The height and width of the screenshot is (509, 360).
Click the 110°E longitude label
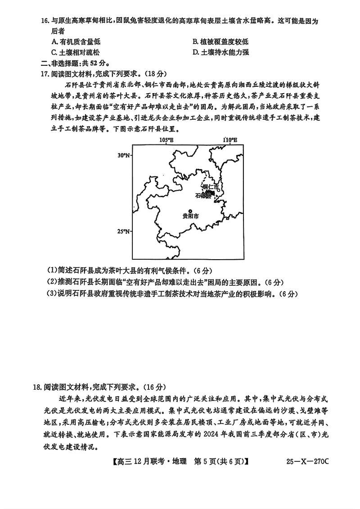pos(230,140)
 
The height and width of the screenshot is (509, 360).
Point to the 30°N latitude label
pos(123,155)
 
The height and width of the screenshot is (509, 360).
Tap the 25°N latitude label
pos(123,231)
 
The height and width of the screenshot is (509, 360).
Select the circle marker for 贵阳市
pos(190,211)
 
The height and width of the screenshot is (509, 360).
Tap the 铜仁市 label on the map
pos(210,187)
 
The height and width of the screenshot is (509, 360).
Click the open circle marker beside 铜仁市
pos(219,190)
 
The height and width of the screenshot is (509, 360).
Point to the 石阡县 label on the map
pos(203,195)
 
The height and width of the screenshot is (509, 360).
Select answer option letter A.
pos(54,42)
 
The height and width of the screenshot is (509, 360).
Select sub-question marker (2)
pos(52,282)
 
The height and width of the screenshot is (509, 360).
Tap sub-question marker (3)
pos(52,294)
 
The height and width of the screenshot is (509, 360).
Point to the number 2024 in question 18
pos(211,436)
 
